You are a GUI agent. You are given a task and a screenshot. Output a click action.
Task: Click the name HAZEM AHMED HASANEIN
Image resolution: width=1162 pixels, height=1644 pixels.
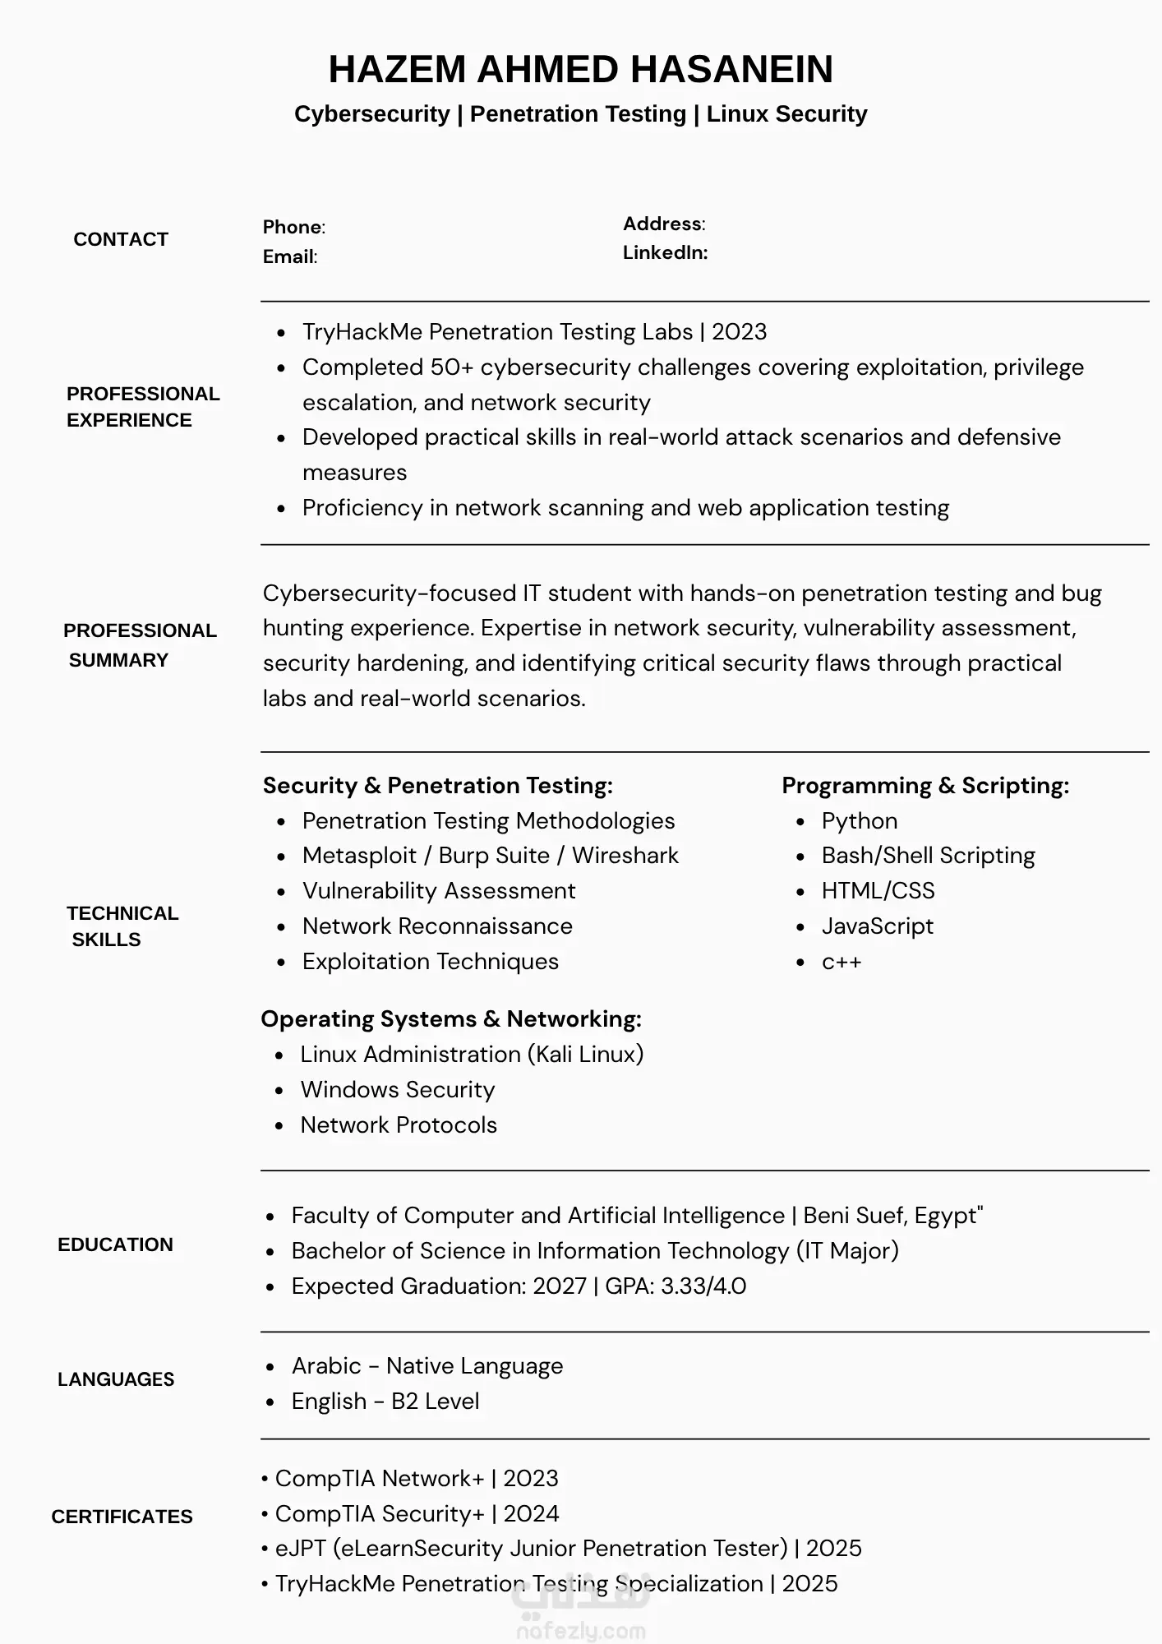click(580, 69)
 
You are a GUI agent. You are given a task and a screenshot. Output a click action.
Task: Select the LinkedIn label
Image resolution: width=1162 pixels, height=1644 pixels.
click(665, 252)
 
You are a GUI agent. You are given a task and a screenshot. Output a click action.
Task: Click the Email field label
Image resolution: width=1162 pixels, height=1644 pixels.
click(289, 256)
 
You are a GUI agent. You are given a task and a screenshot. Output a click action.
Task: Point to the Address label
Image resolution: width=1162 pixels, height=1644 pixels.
click(663, 224)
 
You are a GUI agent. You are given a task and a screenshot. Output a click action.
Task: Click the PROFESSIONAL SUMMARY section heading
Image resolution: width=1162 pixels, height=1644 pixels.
click(140, 645)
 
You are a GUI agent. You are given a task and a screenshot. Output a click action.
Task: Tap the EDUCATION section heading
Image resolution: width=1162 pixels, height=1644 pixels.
click(115, 1245)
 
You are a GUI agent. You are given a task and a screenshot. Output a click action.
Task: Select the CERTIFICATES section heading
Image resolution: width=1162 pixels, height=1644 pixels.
click(122, 1517)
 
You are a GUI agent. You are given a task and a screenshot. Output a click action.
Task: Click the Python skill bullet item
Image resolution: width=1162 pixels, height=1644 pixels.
click(859, 820)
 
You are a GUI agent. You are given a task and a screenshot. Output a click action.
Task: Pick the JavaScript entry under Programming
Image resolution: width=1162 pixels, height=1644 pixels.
click(877, 926)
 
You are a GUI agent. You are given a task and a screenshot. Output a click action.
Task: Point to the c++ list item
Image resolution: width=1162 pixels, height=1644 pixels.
click(841, 962)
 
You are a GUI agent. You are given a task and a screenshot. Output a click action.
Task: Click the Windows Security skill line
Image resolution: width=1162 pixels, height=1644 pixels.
click(398, 1089)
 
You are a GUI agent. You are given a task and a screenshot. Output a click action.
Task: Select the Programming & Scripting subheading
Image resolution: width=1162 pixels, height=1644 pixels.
click(925, 785)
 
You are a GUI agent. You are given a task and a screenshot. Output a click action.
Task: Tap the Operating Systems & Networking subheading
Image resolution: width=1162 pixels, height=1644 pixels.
click(451, 1018)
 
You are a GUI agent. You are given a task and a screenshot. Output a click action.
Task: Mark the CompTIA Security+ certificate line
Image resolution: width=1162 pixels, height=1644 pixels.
click(417, 1513)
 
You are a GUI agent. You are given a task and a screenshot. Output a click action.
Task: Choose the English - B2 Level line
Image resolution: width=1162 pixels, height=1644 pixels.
click(385, 1401)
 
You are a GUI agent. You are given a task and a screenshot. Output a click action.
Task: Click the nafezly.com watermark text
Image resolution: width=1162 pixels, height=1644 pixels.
click(580, 1631)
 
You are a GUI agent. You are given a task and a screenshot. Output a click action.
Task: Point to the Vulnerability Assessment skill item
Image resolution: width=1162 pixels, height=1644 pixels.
click(439, 890)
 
